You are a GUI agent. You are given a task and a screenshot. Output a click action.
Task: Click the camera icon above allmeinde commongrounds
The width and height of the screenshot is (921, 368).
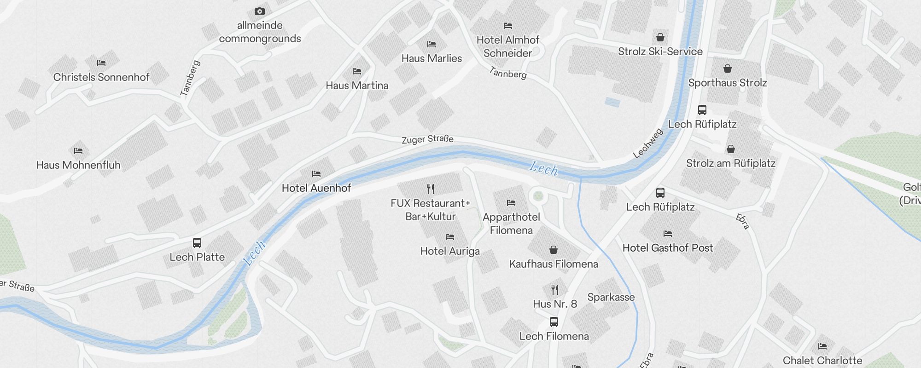(x=259, y=11)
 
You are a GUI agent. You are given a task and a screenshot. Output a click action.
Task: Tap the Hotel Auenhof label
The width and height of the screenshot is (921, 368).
(x=316, y=188)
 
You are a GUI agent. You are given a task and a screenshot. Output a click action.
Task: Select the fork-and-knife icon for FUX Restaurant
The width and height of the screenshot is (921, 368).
(x=431, y=189)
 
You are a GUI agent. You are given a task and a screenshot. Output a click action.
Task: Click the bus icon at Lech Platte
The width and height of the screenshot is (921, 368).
(x=197, y=242)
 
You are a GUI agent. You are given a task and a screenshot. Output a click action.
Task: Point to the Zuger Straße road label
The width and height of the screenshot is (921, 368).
(x=427, y=139)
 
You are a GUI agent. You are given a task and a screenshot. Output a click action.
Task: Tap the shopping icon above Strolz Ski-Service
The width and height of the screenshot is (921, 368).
(x=660, y=37)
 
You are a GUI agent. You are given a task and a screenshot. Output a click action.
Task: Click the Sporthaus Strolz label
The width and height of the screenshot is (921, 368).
(x=727, y=83)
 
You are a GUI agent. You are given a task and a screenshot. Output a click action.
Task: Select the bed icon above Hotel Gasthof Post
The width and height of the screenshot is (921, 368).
(x=668, y=234)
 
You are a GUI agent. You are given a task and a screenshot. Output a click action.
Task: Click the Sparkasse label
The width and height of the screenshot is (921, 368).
(x=611, y=297)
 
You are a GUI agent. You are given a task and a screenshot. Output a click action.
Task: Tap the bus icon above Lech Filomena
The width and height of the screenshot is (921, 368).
(x=554, y=322)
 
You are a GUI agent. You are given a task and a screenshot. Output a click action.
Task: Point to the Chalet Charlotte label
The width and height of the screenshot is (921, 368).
(x=822, y=360)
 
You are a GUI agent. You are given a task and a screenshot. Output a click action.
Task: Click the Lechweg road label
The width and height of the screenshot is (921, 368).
(x=648, y=144)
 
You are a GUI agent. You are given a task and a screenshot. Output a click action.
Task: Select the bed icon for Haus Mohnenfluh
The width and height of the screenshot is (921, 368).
(x=78, y=150)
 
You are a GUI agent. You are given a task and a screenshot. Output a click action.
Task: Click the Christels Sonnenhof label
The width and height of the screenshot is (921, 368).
(x=101, y=77)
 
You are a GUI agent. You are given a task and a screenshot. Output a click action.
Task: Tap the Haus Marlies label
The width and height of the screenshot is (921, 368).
(x=431, y=58)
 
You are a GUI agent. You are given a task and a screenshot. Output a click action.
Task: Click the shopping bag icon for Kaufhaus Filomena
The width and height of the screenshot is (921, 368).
(x=554, y=250)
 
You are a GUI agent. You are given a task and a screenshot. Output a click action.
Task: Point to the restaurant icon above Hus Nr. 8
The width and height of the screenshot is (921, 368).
(x=555, y=290)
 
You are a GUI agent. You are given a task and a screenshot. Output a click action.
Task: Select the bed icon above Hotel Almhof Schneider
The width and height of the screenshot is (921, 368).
(x=508, y=26)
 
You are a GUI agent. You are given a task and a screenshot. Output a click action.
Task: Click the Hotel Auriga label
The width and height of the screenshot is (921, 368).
(x=450, y=251)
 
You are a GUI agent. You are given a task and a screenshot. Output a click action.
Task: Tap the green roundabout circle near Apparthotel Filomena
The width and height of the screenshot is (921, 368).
(x=538, y=197)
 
